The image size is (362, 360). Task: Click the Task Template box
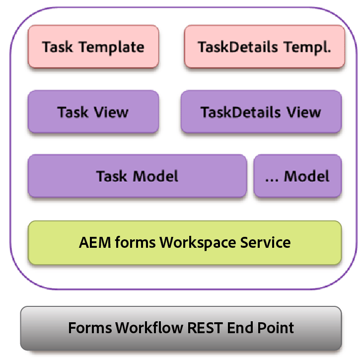point(93,47)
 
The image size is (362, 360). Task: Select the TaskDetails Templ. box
point(264,47)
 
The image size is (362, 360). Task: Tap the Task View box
point(93,112)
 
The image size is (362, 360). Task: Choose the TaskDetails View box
point(261,112)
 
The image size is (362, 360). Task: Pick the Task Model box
point(137,176)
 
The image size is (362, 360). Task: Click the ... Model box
point(297,176)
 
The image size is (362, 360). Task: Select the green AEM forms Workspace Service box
point(185,242)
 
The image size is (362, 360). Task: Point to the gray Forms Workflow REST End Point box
point(181,328)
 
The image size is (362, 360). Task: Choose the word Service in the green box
point(265,242)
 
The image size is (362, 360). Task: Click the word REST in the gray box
point(206,328)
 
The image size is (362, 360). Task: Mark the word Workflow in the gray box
point(147,328)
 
